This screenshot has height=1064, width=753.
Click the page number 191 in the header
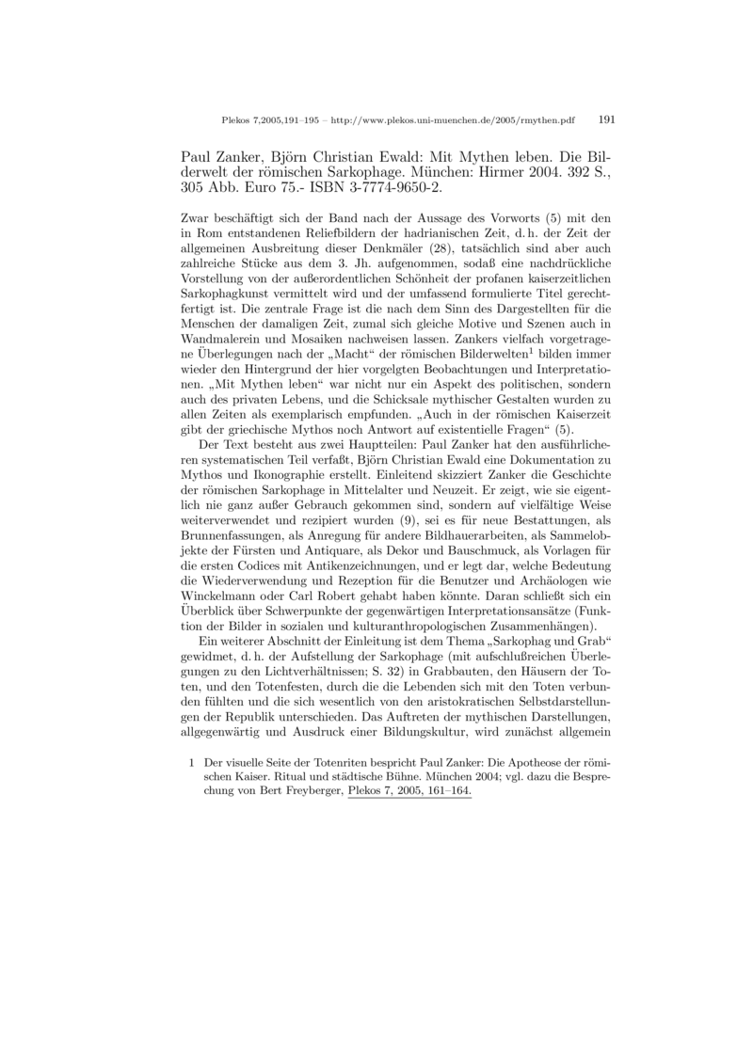[x=606, y=119]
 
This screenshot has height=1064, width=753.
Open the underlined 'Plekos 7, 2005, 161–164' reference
[x=409, y=791]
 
